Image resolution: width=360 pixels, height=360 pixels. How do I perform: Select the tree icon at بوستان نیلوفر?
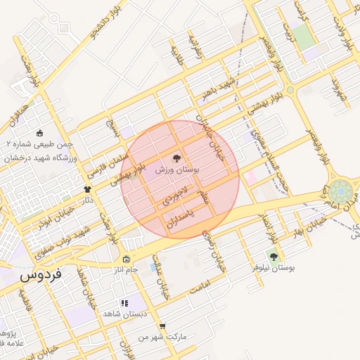tap(274, 257)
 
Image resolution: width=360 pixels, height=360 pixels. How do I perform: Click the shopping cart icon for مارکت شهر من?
tap(163, 327)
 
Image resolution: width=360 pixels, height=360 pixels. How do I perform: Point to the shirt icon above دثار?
tap(87, 189)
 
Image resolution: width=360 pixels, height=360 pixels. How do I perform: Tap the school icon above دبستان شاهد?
tap(124, 303)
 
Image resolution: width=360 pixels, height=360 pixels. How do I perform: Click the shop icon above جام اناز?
tap(126, 259)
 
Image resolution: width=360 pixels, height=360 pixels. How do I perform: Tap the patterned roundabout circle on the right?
tap(340, 192)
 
